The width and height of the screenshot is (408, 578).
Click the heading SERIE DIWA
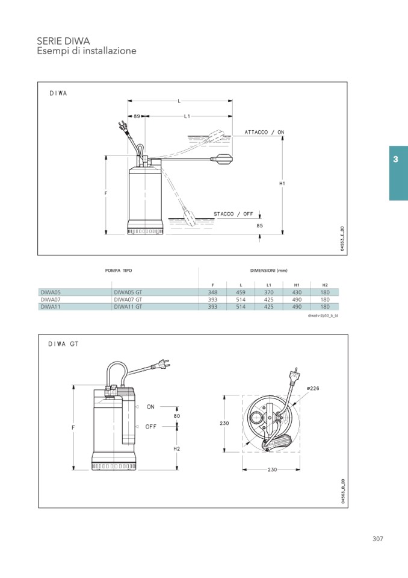(63, 40)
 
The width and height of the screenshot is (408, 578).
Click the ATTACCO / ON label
(265, 132)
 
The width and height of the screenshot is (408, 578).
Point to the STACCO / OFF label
(233, 214)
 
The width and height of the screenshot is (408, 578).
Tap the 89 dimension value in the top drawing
(137, 116)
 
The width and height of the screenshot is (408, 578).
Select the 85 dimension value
(260, 225)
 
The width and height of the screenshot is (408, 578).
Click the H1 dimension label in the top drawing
(282, 183)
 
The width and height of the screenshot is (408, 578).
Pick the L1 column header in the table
(269, 285)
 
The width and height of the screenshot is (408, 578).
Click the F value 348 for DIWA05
(212, 292)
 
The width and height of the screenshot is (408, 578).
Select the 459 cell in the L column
(241, 292)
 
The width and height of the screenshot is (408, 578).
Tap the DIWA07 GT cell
(128, 300)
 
